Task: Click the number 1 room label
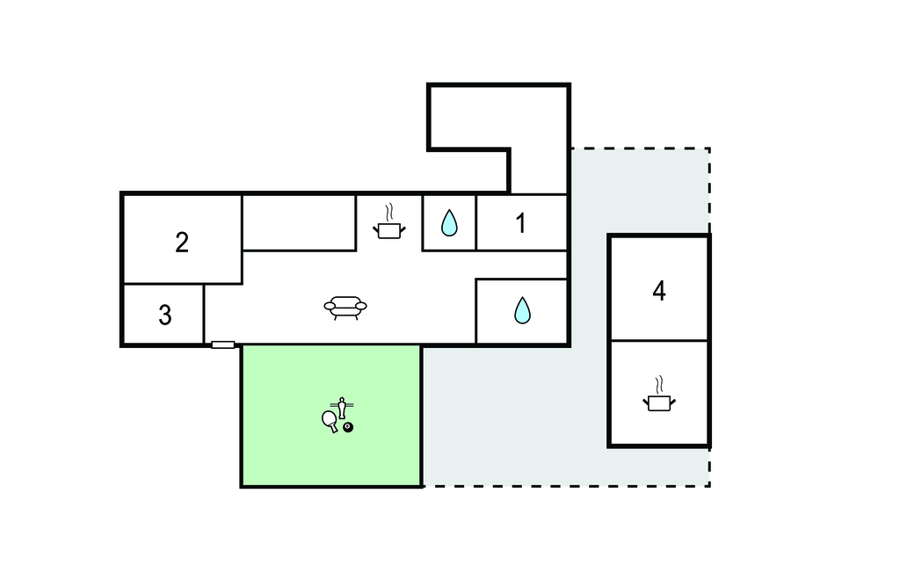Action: point(520,223)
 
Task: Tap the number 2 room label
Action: point(182,243)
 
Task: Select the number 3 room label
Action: point(164,316)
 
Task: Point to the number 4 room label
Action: point(659,291)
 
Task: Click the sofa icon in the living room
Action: point(345,308)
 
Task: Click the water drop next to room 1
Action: point(449,222)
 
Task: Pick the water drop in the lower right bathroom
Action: point(522,310)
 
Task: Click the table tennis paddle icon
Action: point(330,420)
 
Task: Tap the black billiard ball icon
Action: point(348,427)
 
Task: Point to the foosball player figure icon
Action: point(342,407)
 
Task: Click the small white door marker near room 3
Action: point(222,345)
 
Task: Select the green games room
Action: point(331,416)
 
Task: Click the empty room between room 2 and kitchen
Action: point(299,222)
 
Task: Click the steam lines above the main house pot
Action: point(389,213)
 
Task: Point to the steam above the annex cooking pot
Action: point(659,385)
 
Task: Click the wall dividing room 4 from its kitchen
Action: point(659,340)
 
